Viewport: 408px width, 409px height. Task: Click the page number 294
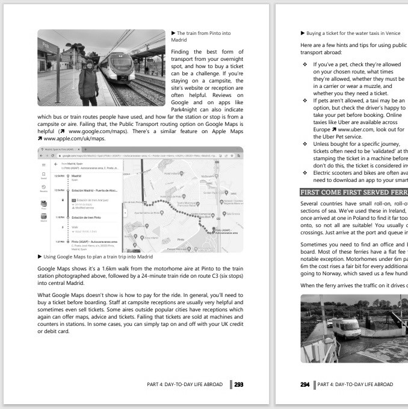pos(304,383)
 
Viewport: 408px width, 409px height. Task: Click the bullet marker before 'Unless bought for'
pos(307,146)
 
